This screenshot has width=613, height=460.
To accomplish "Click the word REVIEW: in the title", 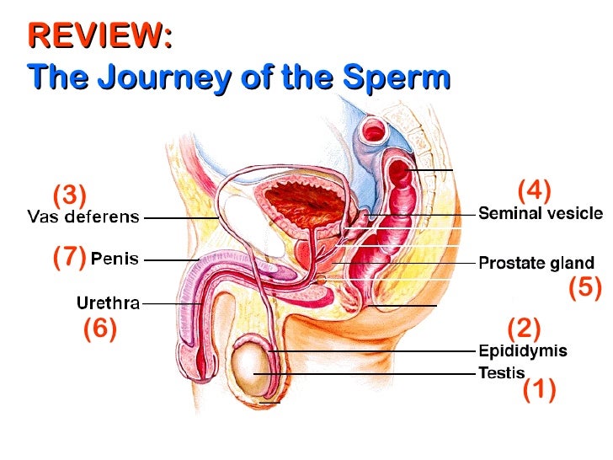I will pyautogui.click(x=99, y=37).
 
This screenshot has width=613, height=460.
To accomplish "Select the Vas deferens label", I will pyautogui.click(x=83, y=217).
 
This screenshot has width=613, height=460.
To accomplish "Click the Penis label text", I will pyautogui.click(x=115, y=259).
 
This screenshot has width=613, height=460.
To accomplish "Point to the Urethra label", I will pyautogui.click(x=108, y=302).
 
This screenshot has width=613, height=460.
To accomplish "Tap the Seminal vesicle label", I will pyautogui.click(x=541, y=214).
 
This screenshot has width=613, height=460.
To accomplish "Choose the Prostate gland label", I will pyautogui.click(x=536, y=263).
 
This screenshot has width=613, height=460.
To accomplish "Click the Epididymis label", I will pyautogui.click(x=522, y=350).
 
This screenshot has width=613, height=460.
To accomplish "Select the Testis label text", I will pyautogui.click(x=502, y=372).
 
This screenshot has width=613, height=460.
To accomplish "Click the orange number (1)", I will pyautogui.click(x=539, y=391).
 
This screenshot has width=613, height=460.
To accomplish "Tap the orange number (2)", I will pyautogui.click(x=524, y=327).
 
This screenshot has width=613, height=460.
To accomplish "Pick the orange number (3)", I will pyautogui.click(x=70, y=195).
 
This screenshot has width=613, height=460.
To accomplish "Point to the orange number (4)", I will pyautogui.click(x=533, y=190).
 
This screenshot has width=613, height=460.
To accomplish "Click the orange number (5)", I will pyautogui.click(x=585, y=288).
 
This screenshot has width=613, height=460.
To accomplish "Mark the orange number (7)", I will pyautogui.click(x=69, y=258).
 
